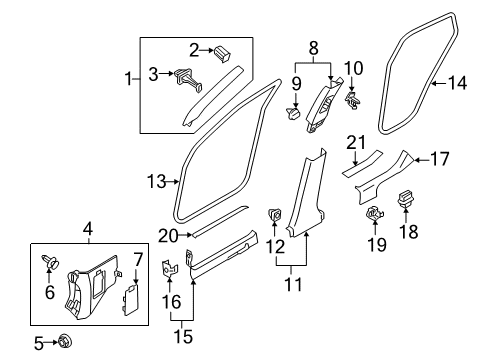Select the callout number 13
coord(155,181)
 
